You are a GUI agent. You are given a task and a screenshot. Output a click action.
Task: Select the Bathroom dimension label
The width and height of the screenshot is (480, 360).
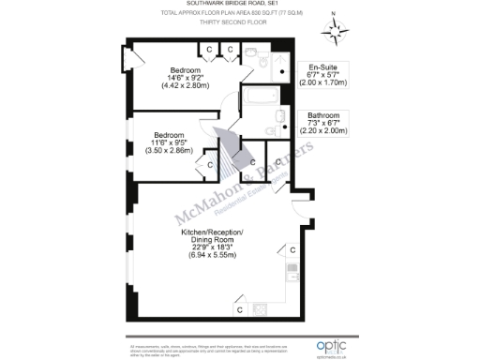coord(322,123)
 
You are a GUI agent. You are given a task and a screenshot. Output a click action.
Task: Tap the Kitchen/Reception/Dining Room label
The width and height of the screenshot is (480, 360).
coord(211,242)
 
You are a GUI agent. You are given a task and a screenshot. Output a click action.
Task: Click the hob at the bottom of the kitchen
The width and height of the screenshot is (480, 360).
coord(261,308)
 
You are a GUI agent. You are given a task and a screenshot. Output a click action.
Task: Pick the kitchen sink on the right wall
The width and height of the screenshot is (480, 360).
coord(292,278)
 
